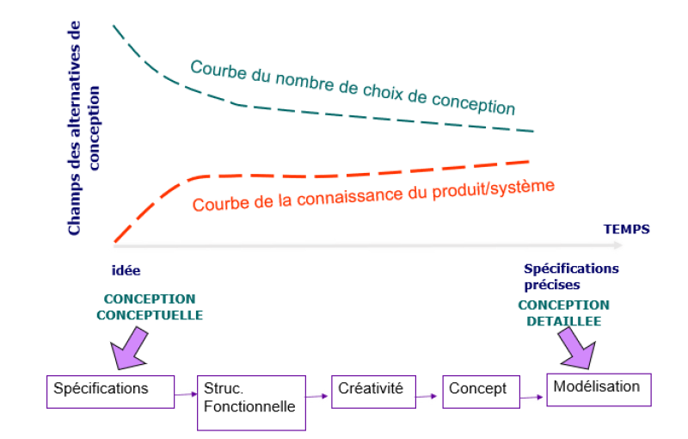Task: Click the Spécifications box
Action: coord(109,389)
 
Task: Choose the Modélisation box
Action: coord(599,388)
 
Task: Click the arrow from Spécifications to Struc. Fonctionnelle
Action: coord(185,395)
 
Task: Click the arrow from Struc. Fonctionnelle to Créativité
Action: coord(318,396)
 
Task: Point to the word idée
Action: coord(126,269)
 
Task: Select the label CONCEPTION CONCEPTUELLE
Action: coord(150,307)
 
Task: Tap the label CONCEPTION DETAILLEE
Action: coord(563,312)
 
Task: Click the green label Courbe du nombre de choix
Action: coord(353,87)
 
